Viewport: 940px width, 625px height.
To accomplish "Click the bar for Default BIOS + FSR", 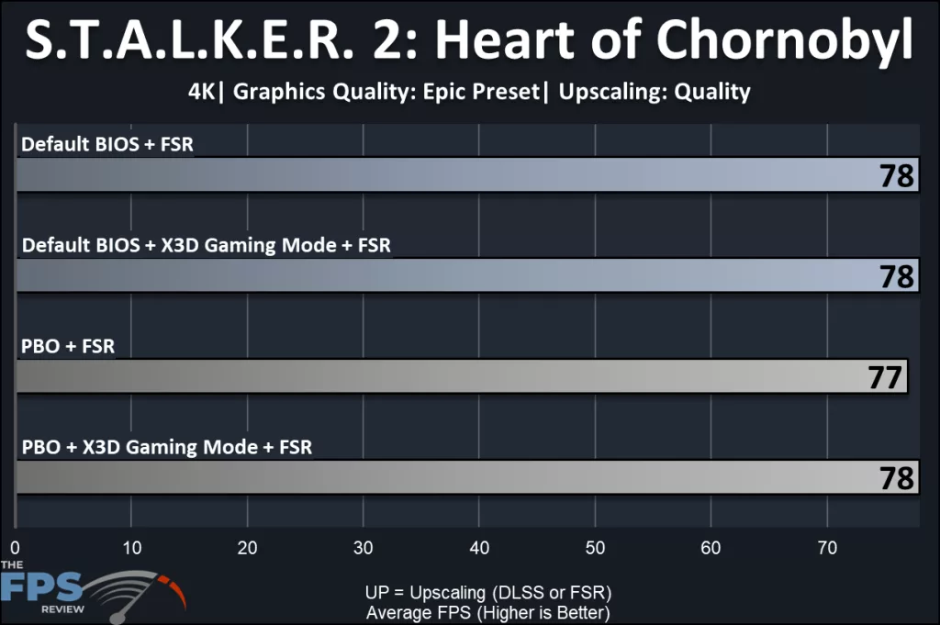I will click(459, 174).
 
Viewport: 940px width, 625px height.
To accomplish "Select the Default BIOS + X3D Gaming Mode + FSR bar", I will click(459, 275).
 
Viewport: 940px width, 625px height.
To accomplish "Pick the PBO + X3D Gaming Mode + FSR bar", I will click(459, 477).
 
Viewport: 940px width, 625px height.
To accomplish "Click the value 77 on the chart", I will click(886, 377).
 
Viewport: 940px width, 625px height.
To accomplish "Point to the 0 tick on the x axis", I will click(16, 548).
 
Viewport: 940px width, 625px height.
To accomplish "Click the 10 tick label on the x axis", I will click(131, 548).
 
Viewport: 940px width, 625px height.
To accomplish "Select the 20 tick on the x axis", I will click(247, 548).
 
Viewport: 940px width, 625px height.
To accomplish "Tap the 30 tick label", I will click(364, 548).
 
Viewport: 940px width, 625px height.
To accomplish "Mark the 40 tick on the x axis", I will click(479, 548).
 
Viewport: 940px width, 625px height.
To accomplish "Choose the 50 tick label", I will click(595, 548).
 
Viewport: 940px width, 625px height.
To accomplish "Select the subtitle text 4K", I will click(201, 92).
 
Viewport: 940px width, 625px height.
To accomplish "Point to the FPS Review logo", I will click(92, 587).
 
